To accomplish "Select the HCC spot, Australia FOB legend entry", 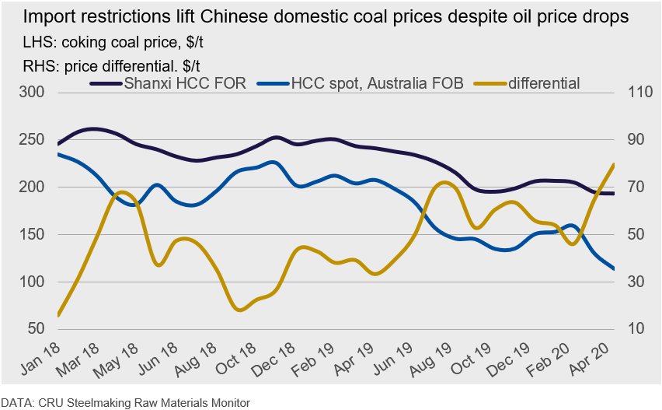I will coord(377,82).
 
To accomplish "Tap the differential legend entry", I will coord(544,82).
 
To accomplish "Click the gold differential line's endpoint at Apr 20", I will coord(614,164).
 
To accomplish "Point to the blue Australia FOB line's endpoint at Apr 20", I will coord(614,269).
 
